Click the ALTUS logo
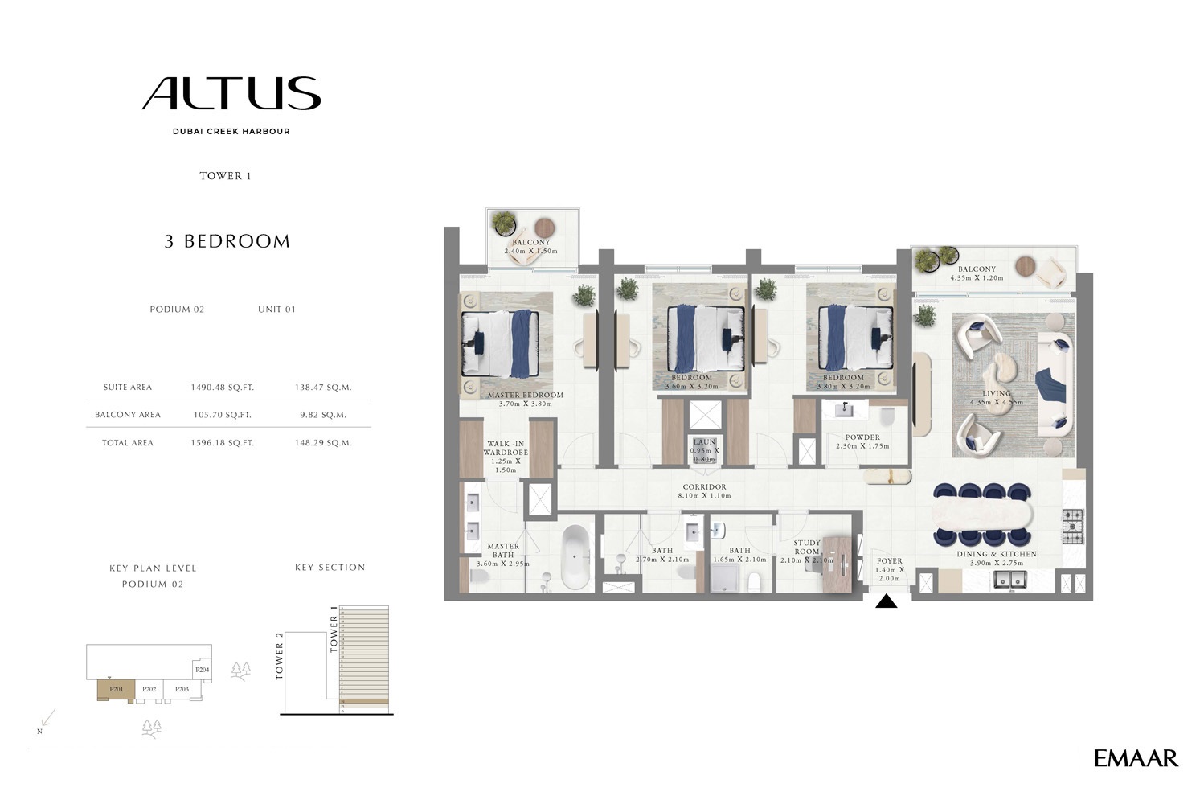[231, 94]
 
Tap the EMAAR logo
[1135, 758]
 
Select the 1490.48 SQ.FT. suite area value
[222, 388]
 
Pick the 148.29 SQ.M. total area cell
[322, 443]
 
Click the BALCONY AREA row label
[128, 415]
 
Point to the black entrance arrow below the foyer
[886, 601]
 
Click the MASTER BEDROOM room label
[525, 396]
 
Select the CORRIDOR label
[704, 487]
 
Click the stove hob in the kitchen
[1072, 526]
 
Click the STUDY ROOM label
[807, 548]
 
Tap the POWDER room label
[862, 437]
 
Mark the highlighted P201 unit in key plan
[116, 690]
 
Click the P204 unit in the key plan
[202, 670]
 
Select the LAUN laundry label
[704, 442]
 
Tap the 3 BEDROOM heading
[227, 241]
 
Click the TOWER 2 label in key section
[280, 656]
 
